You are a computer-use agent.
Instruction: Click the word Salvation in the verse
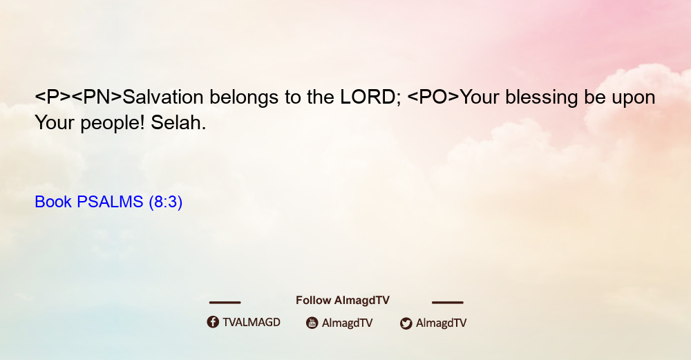(x=162, y=97)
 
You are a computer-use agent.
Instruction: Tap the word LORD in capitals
(x=368, y=97)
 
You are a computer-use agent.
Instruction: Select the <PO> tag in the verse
(x=433, y=97)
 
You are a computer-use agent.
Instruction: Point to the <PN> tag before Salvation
(x=97, y=97)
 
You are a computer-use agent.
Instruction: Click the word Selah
(x=178, y=122)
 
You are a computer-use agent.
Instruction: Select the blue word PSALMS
(x=110, y=202)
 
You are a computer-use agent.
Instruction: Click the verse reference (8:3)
(x=166, y=202)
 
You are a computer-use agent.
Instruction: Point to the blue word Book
(x=53, y=202)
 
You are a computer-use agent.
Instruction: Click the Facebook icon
(x=213, y=322)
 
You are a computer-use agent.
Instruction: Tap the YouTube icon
(x=312, y=323)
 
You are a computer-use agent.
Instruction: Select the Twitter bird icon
(x=406, y=323)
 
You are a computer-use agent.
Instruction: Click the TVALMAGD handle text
(x=252, y=322)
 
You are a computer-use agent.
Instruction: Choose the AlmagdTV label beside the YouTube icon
(x=348, y=323)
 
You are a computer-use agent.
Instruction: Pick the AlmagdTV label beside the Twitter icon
(x=441, y=323)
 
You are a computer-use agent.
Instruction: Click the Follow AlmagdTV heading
(x=343, y=300)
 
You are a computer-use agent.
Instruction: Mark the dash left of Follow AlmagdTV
(x=225, y=302)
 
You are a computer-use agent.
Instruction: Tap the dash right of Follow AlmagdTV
(x=448, y=302)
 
